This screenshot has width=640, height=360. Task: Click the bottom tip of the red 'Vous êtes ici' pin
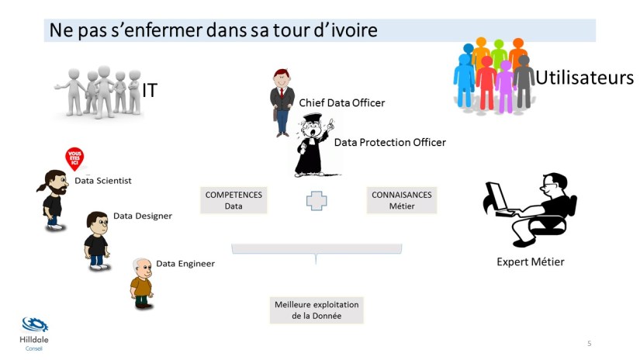pos(75,171)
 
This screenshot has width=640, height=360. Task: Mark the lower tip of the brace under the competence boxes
pos(316,264)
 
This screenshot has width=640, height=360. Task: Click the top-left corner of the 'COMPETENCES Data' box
pos(200,187)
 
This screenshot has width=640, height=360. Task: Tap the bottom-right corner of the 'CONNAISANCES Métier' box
pos(437,213)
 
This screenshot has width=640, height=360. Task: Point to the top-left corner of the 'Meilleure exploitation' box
pos(270,296)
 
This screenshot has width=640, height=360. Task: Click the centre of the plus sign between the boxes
pos(317,201)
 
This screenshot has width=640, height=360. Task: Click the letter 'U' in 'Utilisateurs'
pos(542,78)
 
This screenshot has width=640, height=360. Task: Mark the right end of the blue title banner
pos(596,30)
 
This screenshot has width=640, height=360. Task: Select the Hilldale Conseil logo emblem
pos(35,325)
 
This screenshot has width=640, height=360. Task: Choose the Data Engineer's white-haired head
pos(142,267)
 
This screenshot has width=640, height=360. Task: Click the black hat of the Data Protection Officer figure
pos(313,118)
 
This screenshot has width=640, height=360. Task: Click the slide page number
pos(589,343)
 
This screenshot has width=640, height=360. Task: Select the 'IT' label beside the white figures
pos(150,90)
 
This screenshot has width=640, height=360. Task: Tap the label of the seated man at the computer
pos(530,262)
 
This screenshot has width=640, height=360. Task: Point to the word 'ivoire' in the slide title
pos(354,30)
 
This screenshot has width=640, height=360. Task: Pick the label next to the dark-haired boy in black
pos(143,216)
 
